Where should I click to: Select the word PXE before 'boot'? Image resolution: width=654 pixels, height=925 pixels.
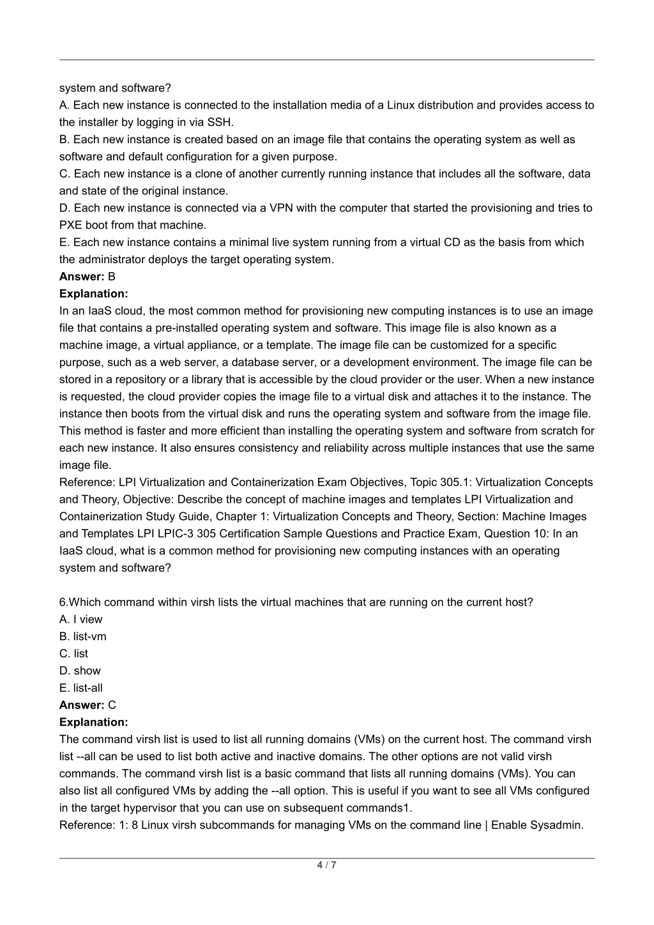(70, 225)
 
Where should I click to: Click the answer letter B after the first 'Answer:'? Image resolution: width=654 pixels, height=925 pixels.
(112, 277)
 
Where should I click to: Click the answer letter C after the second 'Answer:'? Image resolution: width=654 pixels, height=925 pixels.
(112, 705)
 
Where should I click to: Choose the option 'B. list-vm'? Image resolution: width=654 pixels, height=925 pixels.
(82, 636)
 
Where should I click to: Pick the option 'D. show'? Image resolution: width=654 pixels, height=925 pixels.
(80, 671)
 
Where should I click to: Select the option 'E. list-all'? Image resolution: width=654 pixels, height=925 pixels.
(80, 688)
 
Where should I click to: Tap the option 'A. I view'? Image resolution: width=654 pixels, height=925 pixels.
(80, 619)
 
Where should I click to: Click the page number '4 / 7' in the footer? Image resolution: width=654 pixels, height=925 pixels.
(326, 866)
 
